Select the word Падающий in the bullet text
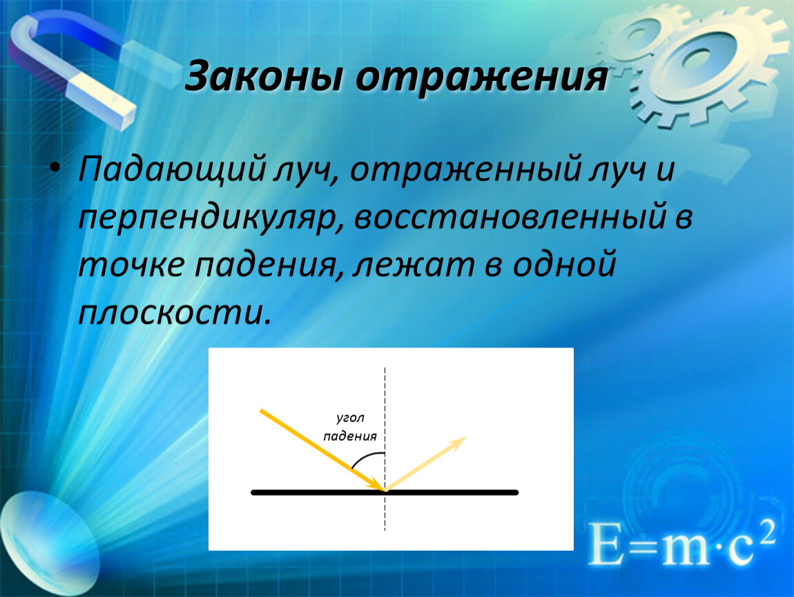171,170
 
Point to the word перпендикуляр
209,218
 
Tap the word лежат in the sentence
414,265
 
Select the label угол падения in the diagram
350,427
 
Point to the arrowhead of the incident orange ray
377,484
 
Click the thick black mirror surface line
385,492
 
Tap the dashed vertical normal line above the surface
385,428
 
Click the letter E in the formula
606,544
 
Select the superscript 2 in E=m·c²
768,531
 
